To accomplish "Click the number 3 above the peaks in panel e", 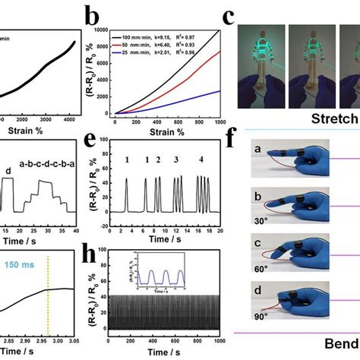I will pos(176,160).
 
